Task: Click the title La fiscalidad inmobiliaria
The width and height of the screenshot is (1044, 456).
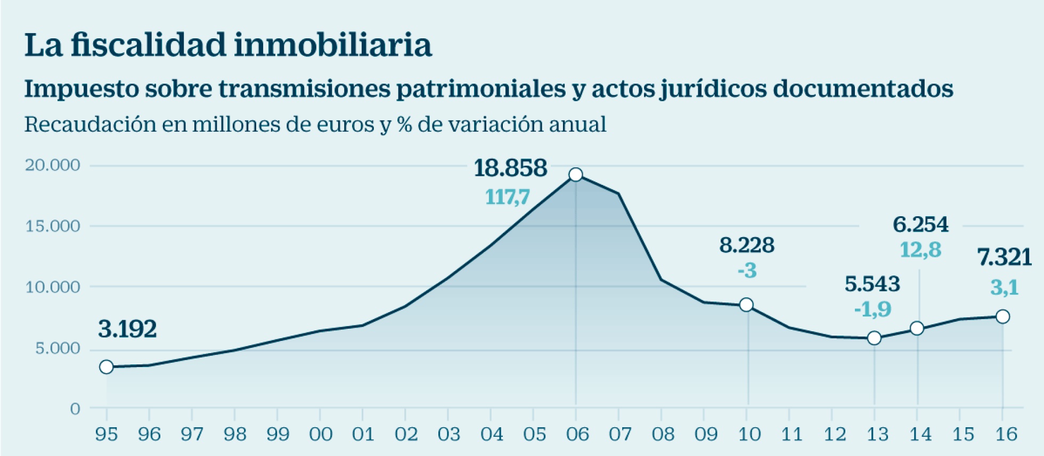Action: pyautogui.click(x=228, y=45)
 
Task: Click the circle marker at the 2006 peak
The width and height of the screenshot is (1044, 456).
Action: pyautogui.click(x=576, y=175)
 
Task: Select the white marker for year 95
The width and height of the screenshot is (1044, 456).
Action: pyautogui.click(x=107, y=367)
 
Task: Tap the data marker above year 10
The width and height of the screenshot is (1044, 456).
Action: pyautogui.click(x=746, y=305)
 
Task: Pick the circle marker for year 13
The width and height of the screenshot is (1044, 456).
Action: pyautogui.click(x=874, y=338)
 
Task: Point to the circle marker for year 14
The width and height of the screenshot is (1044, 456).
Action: pyautogui.click(x=917, y=328)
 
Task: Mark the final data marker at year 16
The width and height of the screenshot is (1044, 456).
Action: pyautogui.click(x=1002, y=316)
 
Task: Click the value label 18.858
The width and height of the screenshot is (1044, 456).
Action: pyautogui.click(x=510, y=168)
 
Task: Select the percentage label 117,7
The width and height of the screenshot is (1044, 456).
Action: pyautogui.click(x=507, y=198)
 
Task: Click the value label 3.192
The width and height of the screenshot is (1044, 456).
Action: pyautogui.click(x=127, y=329)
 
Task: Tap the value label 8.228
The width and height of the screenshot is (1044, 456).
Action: pyautogui.click(x=747, y=245)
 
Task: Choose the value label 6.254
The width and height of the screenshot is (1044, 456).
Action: pyautogui.click(x=920, y=225)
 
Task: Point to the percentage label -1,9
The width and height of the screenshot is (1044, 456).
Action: pyautogui.click(x=872, y=309)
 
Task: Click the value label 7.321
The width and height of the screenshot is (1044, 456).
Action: pyautogui.click(x=1005, y=258)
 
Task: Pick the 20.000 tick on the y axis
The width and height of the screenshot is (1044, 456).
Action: pyautogui.click(x=52, y=165)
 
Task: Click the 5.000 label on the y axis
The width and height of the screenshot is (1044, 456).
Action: pyautogui.click(x=58, y=348)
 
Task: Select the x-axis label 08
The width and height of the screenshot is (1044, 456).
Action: pyautogui.click(x=663, y=435)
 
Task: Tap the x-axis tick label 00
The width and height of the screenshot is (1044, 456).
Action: pyautogui.click(x=321, y=435)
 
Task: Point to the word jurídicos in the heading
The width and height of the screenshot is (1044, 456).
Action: pyautogui.click(x=714, y=89)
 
